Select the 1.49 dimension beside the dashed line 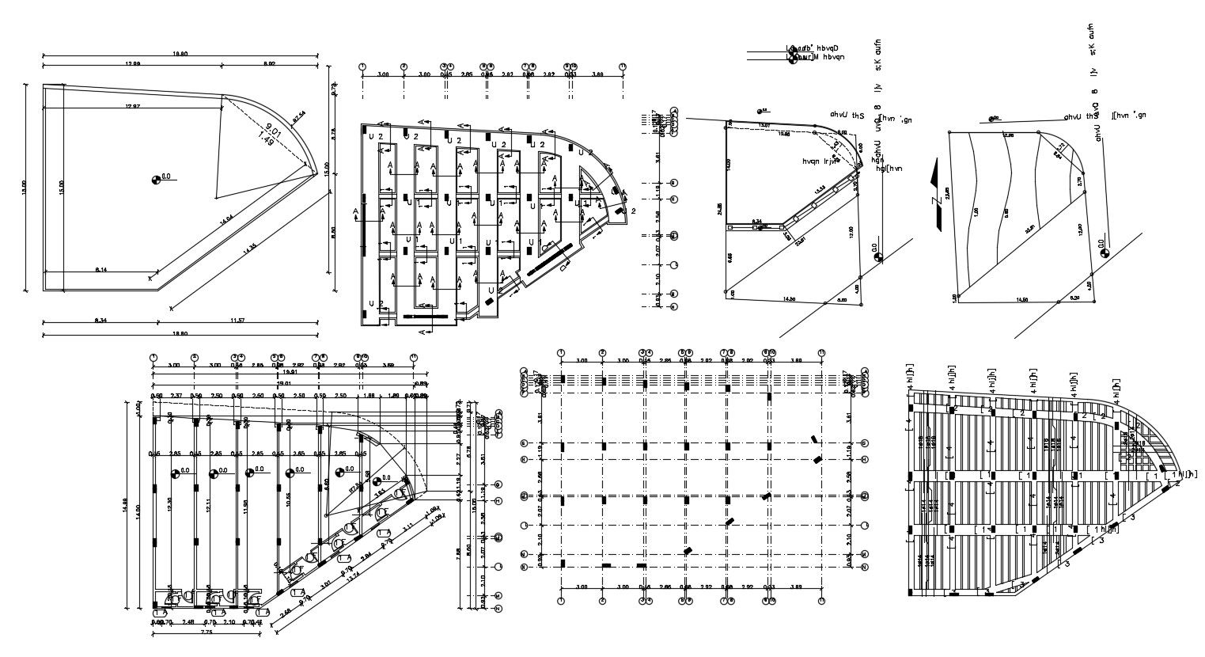pyautogui.click(x=267, y=141)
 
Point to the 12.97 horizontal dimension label pyautogui.click(x=132, y=106)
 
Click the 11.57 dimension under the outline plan pyautogui.click(x=237, y=319)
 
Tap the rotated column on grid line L pyautogui.click(x=730, y=522)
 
